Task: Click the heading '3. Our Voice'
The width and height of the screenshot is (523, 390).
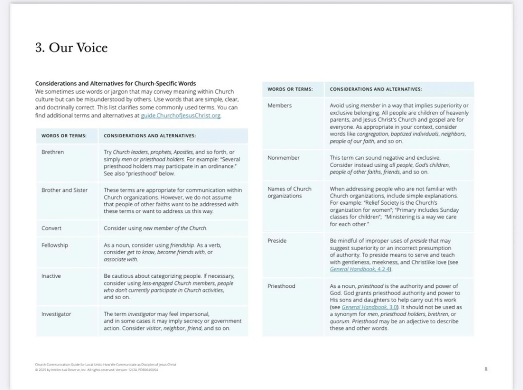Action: [x=71, y=48]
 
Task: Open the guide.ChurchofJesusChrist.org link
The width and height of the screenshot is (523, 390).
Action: [x=181, y=116]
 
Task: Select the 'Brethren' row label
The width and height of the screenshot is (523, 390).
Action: [x=53, y=152]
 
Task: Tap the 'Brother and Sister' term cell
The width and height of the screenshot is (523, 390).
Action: [x=64, y=190]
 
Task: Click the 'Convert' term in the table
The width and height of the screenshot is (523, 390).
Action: [x=51, y=228]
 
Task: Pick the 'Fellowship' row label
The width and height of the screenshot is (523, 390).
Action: [x=55, y=245]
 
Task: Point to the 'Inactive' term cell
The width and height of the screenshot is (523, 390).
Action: [x=51, y=276]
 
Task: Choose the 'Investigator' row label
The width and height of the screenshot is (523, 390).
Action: [x=56, y=314]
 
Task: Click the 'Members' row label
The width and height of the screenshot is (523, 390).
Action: [x=279, y=106]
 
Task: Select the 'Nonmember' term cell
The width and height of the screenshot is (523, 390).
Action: [x=283, y=158]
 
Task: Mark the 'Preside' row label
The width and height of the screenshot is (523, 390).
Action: [x=277, y=240]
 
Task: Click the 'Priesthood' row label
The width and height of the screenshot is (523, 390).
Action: [x=281, y=286]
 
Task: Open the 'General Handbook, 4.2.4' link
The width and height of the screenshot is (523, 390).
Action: [x=360, y=269]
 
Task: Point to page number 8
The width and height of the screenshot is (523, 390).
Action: [x=486, y=369]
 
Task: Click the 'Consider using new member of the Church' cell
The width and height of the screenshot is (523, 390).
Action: [x=155, y=228]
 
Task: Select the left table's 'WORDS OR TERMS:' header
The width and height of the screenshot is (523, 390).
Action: [x=64, y=136]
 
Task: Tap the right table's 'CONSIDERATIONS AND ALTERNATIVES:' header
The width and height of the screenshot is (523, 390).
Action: [x=376, y=89]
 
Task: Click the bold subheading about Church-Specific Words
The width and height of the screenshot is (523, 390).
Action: [x=115, y=83]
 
